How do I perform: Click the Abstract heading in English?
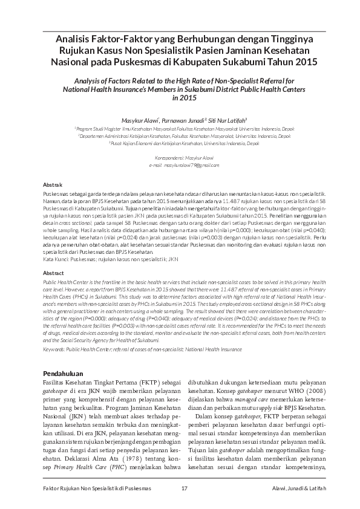(x=54, y=274)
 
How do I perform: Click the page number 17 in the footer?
(x=185, y=488)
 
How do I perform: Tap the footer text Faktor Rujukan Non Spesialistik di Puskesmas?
(x=93, y=488)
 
